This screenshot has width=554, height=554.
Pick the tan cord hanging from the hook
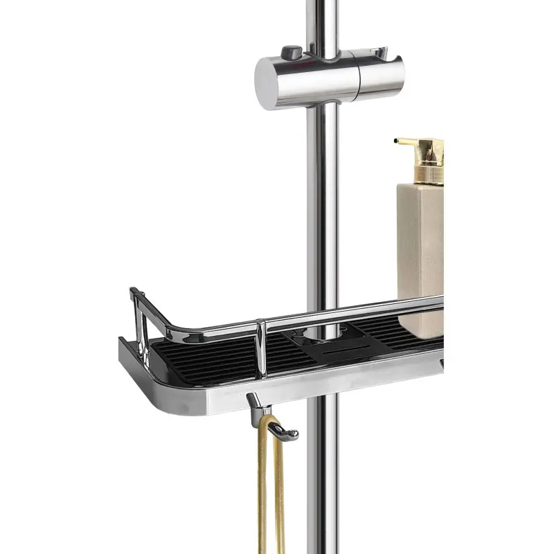(269, 499)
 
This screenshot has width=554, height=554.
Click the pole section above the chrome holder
(321, 21)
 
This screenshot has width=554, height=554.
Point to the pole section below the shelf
(323, 485)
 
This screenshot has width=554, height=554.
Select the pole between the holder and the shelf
(323, 208)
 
